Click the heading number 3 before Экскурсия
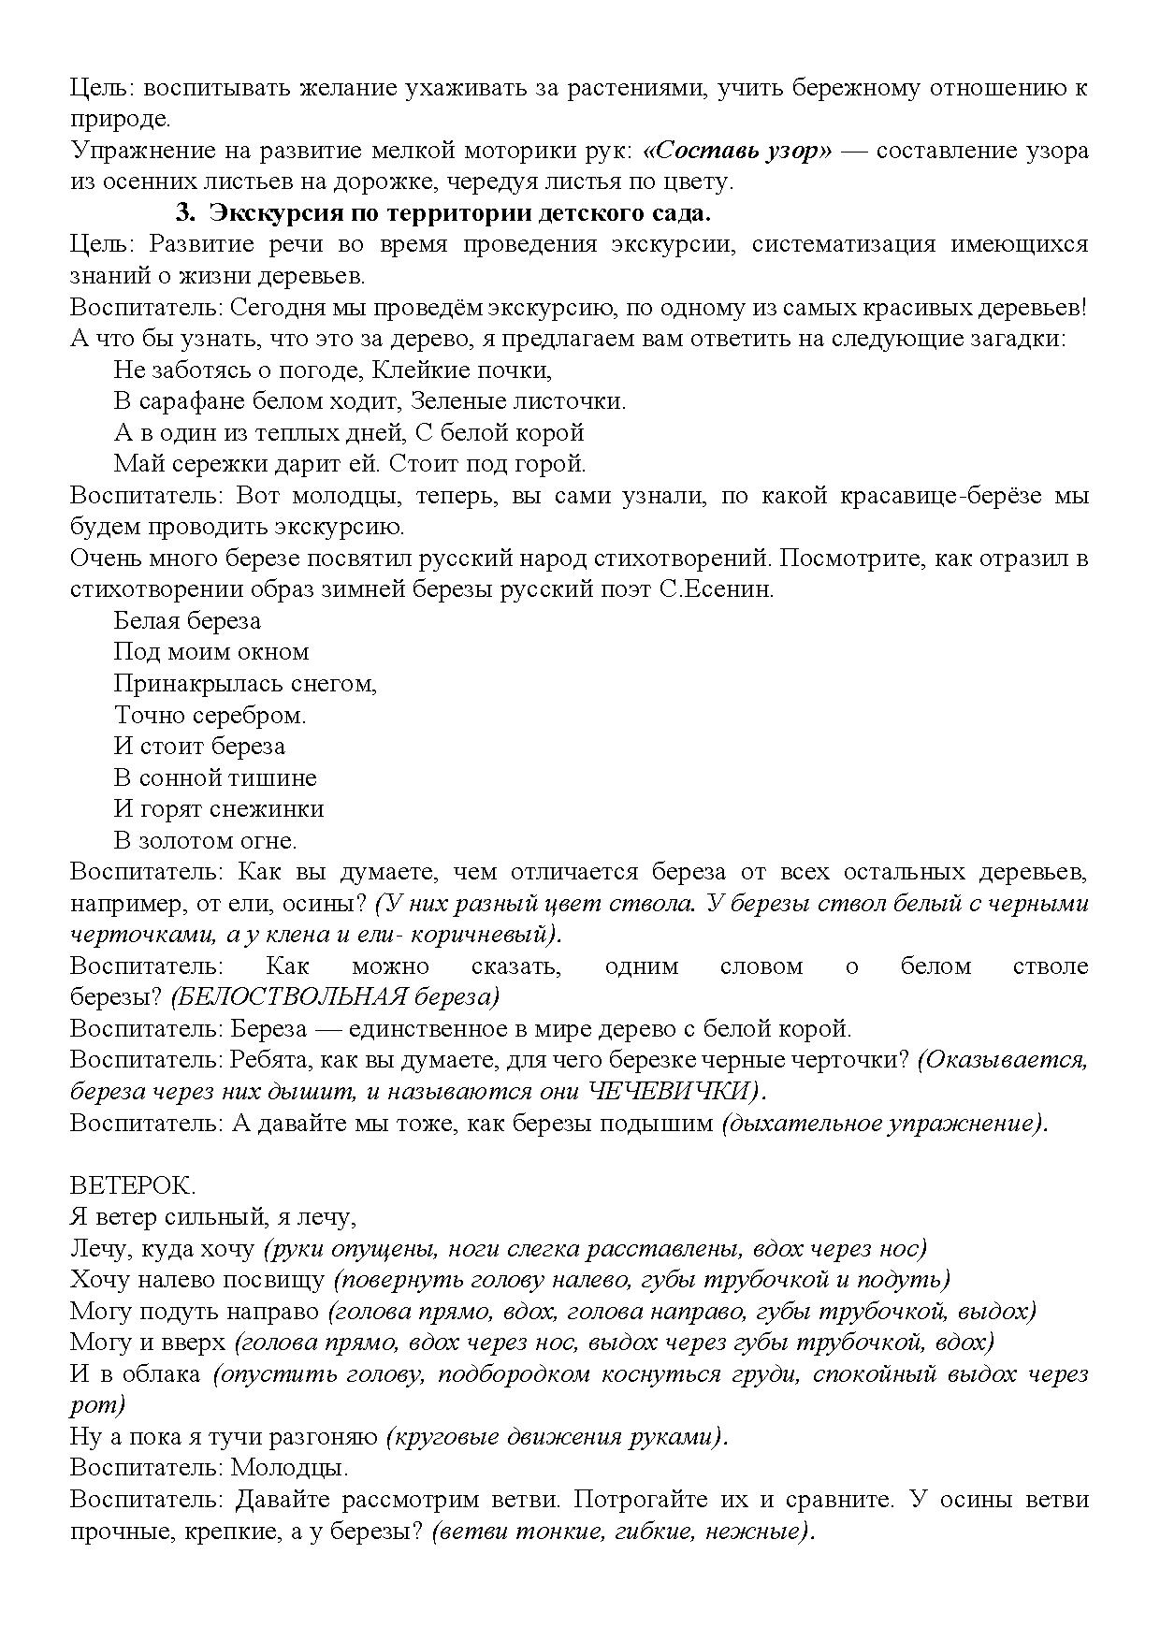pyautogui.click(x=184, y=213)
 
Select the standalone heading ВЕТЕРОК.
pyautogui.click(x=133, y=1185)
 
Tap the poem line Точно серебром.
pyautogui.click(x=210, y=715)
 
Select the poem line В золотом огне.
pyautogui.click(x=205, y=840)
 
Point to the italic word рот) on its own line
pyautogui.click(x=97, y=1404)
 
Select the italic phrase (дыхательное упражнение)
pyautogui.click(x=884, y=1123)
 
